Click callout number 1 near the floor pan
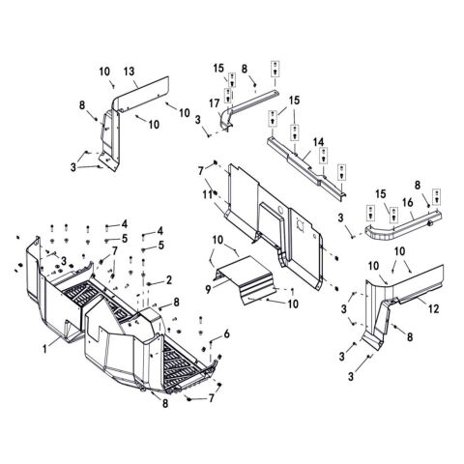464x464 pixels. click(45, 349)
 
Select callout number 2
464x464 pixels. click(169, 280)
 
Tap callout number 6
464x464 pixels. click(227, 334)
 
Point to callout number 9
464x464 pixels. click(208, 289)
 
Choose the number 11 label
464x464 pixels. click(207, 194)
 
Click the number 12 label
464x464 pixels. click(434, 309)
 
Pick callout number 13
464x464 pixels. click(129, 72)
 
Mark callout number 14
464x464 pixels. click(318, 142)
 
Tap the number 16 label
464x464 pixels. click(408, 202)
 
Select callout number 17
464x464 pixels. click(214, 103)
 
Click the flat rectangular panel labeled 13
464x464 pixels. click(142, 95)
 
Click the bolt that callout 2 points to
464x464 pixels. click(149, 283)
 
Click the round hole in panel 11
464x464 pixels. click(280, 211)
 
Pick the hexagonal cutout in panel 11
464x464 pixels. click(301, 223)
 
